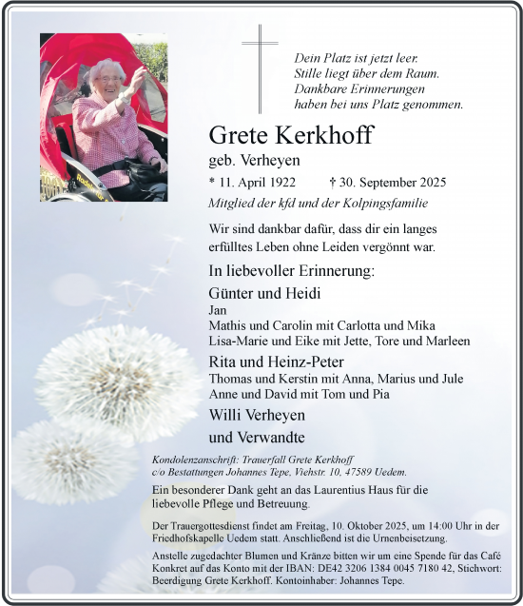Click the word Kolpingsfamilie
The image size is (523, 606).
pyautogui.click(x=380, y=203)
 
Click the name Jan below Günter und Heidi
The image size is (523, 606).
pyautogui.click(x=217, y=310)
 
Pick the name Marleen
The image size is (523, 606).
pyautogui.click(x=445, y=341)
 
